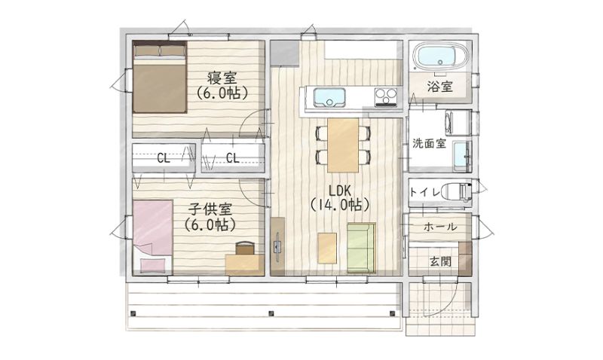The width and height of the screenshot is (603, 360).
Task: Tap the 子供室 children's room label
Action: [210, 209]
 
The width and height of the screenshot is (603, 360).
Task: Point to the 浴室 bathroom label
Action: [439, 87]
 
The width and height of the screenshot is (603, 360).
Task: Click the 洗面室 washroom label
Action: [429, 143]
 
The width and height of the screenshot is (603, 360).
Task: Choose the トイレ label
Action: [424, 192]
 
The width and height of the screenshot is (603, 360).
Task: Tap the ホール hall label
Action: [440, 227]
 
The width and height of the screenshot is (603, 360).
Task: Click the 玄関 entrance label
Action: [440, 261]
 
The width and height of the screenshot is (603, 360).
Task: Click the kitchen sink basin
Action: [329, 97]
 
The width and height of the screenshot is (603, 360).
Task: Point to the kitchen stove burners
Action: [386, 96]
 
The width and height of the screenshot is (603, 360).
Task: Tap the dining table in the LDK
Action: [343, 145]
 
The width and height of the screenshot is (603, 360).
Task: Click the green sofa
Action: [361, 248]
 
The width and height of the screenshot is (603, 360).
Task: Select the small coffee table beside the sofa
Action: [327, 249]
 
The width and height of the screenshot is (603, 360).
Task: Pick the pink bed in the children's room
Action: [153, 237]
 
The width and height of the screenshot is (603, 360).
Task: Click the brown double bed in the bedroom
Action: [160, 77]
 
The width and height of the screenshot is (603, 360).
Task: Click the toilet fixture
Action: [457, 192]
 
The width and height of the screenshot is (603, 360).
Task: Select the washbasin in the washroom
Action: [461, 157]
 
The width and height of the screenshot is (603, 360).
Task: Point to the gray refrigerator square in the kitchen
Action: [285, 53]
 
